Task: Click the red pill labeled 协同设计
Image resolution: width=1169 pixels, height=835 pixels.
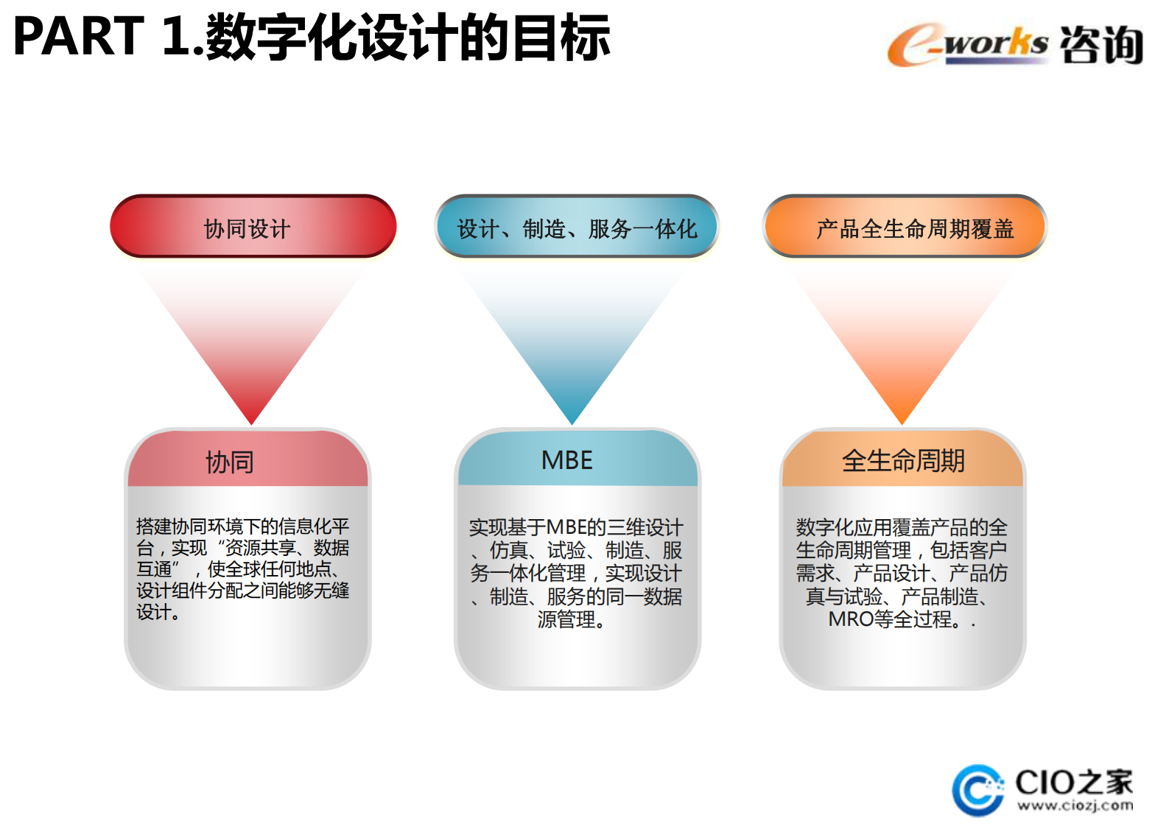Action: tap(253, 228)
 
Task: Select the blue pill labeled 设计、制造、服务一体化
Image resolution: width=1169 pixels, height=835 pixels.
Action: tap(577, 228)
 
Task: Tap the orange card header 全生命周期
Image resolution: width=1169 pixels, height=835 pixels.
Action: tap(902, 460)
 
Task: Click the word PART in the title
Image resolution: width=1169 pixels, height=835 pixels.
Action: tap(78, 37)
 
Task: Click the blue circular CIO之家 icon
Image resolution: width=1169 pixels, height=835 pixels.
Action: tap(977, 791)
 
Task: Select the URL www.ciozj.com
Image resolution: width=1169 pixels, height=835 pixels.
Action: tap(1075, 806)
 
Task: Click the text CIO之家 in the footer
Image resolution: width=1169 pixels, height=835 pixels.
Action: tap(1073, 781)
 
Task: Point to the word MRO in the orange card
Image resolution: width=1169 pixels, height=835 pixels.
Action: tap(850, 619)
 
